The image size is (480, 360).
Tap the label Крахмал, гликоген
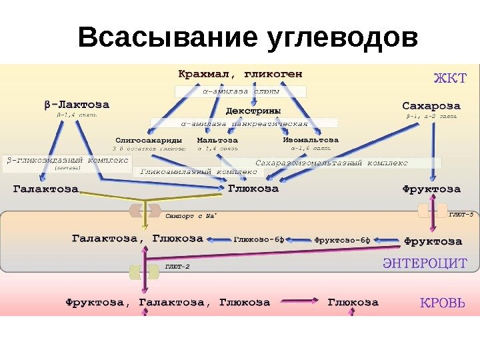(x=241, y=72)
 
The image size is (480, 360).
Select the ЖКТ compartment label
(x=451, y=77)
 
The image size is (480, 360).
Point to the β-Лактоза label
(x=77, y=105)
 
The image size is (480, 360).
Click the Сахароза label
(x=431, y=105)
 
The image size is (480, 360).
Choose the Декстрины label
(x=253, y=110)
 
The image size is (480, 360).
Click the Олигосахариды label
(x=149, y=141)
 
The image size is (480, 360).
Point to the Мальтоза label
(x=217, y=141)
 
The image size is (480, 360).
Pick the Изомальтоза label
(x=311, y=141)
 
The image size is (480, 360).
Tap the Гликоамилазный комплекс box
(x=200, y=171)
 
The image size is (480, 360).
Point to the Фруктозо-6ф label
(x=341, y=239)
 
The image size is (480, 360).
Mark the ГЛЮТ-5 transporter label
(x=461, y=215)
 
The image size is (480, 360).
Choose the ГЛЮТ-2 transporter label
(x=177, y=267)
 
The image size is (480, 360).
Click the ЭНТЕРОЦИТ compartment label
(x=424, y=263)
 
